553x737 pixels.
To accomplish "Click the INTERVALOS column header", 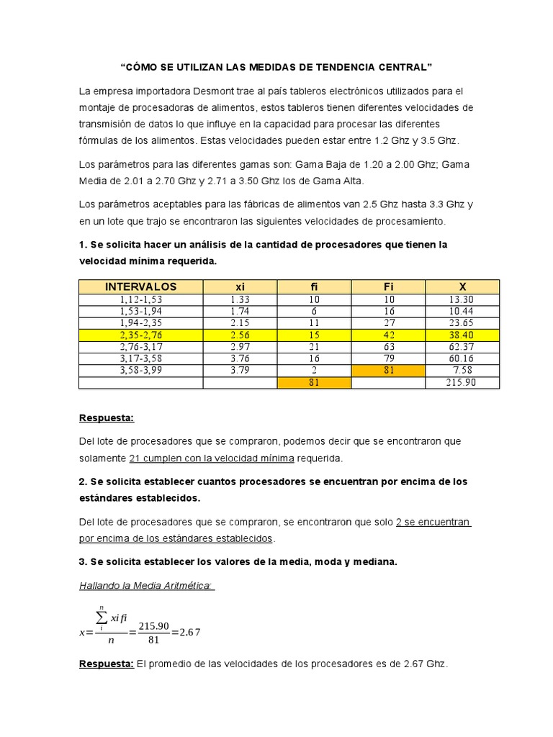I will point(140,286).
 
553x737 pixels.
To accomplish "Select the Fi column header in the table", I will point(388,286).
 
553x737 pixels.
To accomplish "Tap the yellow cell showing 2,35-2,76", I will point(140,335).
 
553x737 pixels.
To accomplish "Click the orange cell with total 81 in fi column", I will point(314,382).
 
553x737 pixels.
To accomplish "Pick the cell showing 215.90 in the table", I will point(462,382).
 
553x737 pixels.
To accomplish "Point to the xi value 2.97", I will point(240,347).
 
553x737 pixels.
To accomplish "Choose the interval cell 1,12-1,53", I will point(140,299).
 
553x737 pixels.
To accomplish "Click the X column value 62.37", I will point(462,347).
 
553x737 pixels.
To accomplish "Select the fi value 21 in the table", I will point(314,347).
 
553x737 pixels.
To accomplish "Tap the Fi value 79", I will point(388,358).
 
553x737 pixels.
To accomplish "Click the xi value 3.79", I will point(240,370).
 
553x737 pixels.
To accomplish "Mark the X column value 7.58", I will point(462,370).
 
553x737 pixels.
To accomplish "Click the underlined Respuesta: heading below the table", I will point(107,418).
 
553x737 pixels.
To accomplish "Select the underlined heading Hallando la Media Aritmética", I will point(146,585).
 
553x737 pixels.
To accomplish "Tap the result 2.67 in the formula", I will point(190,633).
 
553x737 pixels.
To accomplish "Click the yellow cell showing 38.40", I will point(462,335).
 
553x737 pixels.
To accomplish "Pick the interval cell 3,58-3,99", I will point(140,370).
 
